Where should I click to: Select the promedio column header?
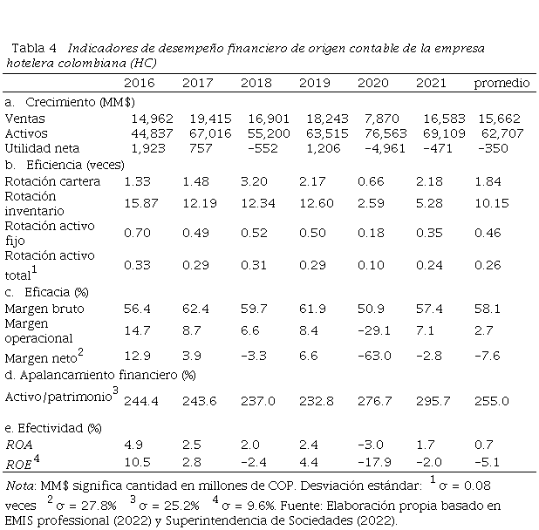click(x=501, y=83)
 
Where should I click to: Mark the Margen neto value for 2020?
click(x=374, y=356)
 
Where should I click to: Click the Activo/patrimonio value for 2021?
click(x=432, y=400)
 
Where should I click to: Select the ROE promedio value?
click(x=491, y=459)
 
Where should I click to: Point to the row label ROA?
click(x=19, y=444)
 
